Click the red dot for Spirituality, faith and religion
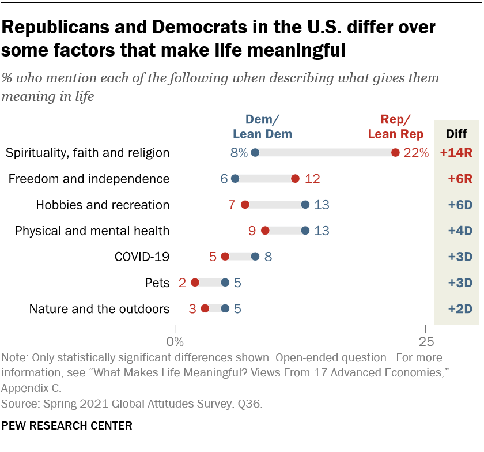tap(395, 153)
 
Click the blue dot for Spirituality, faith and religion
tap(255, 153)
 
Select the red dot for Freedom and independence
tap(296, 179)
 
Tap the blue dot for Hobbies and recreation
tap(305, 205)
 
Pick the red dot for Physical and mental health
tap(265, 231)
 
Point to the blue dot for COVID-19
tap(255, 257)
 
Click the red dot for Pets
tap(195, 282)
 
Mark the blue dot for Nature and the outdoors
tap(225, 308)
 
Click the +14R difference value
tap(456, 153)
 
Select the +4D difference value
tap(459, 231)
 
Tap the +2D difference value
tap(459, 308)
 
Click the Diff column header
tap(457, 134)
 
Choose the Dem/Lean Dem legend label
tap(262, 127)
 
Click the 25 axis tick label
tap(425, 341)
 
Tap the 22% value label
tap(416, 153)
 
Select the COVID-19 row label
tap(141, 257)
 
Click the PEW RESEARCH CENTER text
tap(67, 426)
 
